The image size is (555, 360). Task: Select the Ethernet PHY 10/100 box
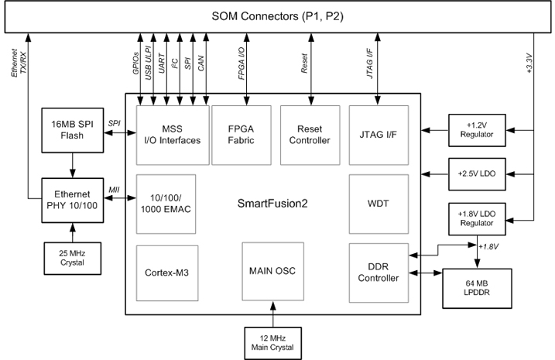click(x=72, y=200)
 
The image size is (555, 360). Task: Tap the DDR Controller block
click(x=379, y=273)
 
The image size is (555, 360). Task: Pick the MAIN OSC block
click(x=272, y=272)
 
